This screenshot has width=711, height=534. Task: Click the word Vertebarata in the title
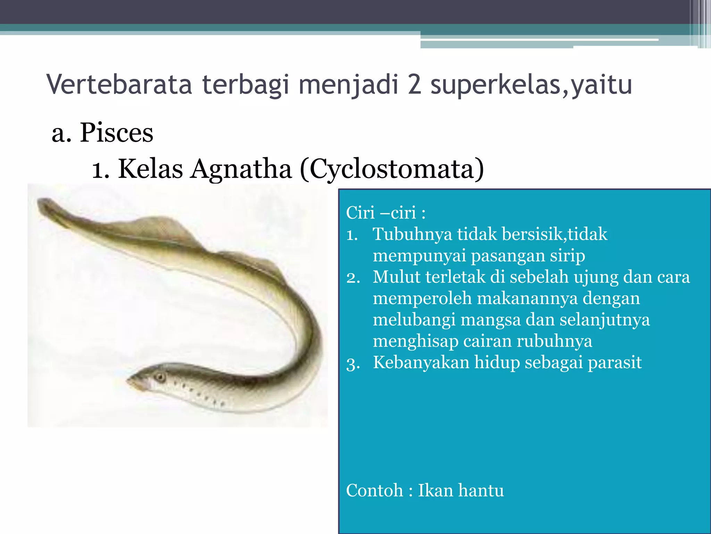(119, 84)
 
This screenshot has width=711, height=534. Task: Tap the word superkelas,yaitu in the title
(531, 84)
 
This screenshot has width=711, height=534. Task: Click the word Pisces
(116, 133)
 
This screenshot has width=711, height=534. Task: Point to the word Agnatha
(241, 169)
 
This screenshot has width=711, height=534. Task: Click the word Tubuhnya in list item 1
(412, 234)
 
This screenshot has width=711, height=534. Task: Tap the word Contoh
(375, 491)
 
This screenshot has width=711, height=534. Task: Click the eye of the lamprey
(160, 377)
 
